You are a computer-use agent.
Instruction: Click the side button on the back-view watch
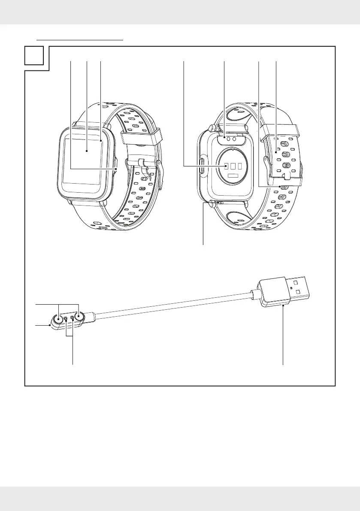pyautogui.click(x=202, y=166)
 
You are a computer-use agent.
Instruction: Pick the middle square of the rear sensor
pyautogui.click(x=233, y=166)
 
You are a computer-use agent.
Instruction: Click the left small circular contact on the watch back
pyautogui.click(x=229, y=139)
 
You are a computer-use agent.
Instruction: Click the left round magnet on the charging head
pyautogui.click(x=58, y=319)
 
